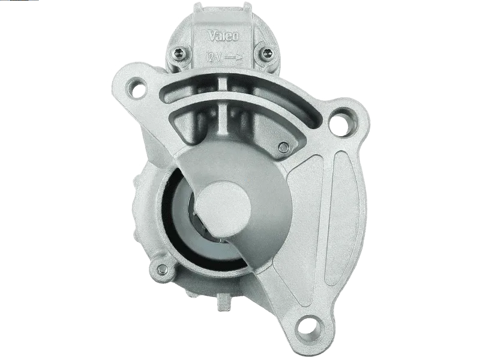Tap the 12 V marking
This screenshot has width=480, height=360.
coord(214,58)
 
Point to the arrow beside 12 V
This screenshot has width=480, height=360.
coord(233,57)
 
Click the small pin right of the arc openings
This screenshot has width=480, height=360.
coord(284,147)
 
